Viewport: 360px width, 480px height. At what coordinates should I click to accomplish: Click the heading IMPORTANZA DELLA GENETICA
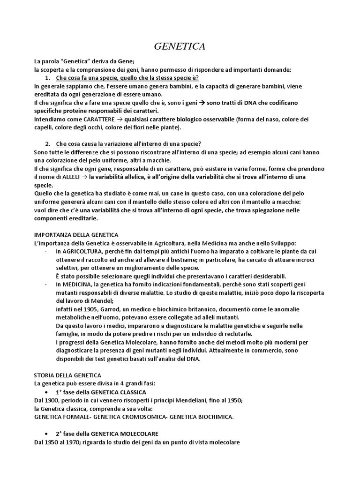pos(76,234)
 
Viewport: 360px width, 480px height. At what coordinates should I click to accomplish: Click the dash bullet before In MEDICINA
pos(45,284)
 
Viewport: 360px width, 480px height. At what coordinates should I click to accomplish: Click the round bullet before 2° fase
pos(49,433)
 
